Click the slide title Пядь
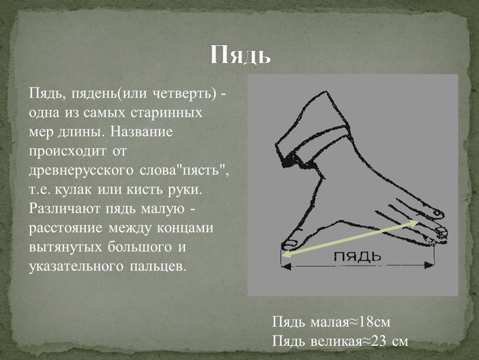(240, 55)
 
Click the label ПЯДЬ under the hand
(357, 257)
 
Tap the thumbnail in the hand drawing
(289, 244)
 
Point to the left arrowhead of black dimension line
(286, 266)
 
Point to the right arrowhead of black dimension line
(429, 265)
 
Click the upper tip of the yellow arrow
(417, 222)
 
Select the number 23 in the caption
(379, 341)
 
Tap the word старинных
(167, 113)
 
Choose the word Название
(141, 132)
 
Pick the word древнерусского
(81, 171)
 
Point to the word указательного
(76, 267)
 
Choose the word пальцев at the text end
(158, 267)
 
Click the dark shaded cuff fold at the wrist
(290, 159)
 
